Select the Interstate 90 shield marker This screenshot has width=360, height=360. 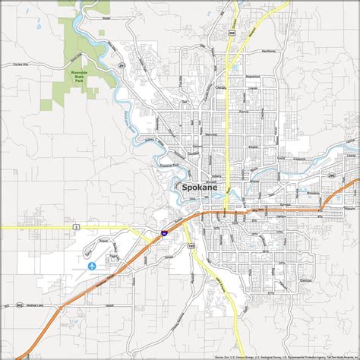pyautogui.click(x=164, y=215)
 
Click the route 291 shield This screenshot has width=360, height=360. pyautogui.click(x=121, y=67)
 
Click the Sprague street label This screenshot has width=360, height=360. pyautogui.click(x=286, y=204)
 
